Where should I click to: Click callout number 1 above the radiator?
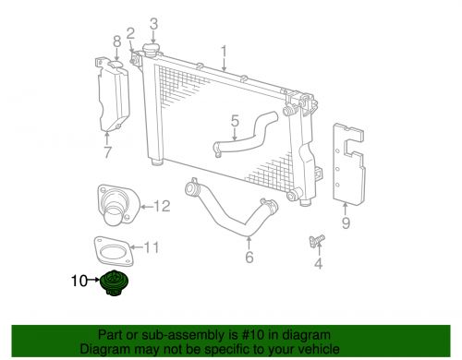[x=223, y=50]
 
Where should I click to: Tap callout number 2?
[x=131, y=33]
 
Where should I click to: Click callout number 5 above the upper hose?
[x=235, y=120]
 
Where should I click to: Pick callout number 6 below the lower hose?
[x=249, y=258]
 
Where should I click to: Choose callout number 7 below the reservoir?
[x=107, y=152]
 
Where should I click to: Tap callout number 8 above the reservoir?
[x=116, y=41]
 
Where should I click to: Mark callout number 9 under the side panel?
[x=346, y=222]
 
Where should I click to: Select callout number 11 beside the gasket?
[x=153, y=246]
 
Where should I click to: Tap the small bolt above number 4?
[x=315, y=241]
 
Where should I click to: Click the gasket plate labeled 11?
[x=111, y=249]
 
